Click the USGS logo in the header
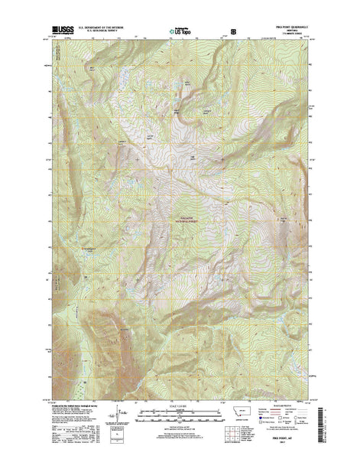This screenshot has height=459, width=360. pyautogui.click(x=60, y=32)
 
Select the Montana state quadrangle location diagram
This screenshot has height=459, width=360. pyautogui.click(x=245, y=418)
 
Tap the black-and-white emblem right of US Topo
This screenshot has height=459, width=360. pyautogui.click(x=233, y=33)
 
